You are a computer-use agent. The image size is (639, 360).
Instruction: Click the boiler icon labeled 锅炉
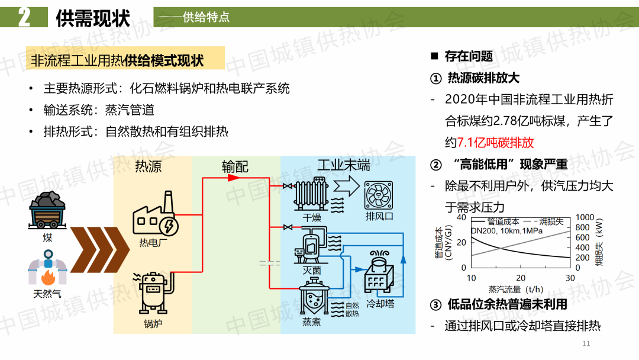click(x=153, y=292)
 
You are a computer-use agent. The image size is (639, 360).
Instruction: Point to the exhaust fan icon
click(x=379, y=195)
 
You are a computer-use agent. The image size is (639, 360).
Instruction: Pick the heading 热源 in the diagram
click(x=148, y=166)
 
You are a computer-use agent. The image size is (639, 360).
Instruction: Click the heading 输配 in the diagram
click(x=235, y=166)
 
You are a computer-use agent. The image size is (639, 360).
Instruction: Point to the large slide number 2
click(x=24, y=17)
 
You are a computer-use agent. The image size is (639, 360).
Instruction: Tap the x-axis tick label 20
click(x=521, y=278)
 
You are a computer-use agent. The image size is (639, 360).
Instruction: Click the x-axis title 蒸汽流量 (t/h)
click(x=515, y=290)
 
